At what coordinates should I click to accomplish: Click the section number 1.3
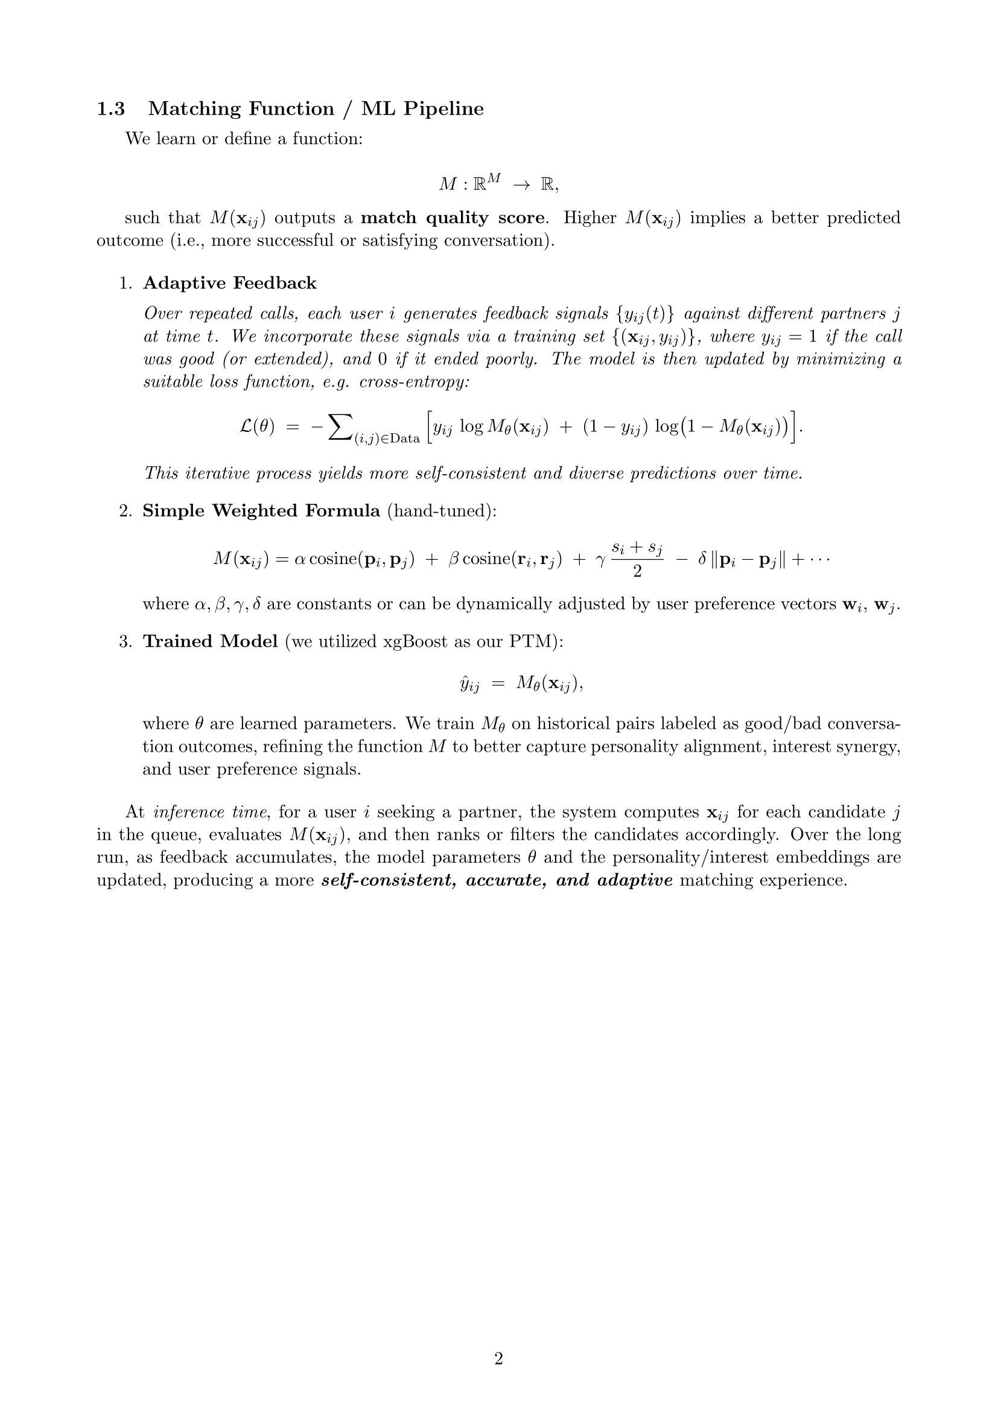(x=110, y=109)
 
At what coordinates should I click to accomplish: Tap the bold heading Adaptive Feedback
(x=230, y=284)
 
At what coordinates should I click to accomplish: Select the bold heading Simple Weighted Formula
(x=261, y=511)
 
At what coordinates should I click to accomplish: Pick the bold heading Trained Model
(x=210, y=642)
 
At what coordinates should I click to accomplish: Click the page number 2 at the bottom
(x=498, y=1358)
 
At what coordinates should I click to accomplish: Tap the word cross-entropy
(x=414, y=382)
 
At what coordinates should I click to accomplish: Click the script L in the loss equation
(x=246, y=426)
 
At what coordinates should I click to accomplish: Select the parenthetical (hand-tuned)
(x=441, y=511)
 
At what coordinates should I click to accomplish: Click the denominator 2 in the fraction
(x=637, y=571)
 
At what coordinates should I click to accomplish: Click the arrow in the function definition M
(x=521, y=185)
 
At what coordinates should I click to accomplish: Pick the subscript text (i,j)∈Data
(x=387, y=439)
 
